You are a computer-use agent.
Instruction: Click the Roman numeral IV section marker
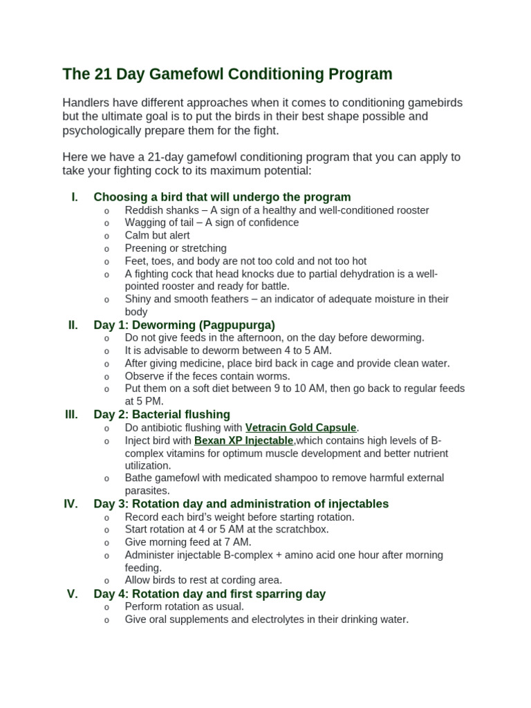click(x=71, y=503)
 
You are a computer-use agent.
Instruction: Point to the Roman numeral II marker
click(x=73, y=324)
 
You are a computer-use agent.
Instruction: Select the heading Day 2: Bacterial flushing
click(x=162, y=414)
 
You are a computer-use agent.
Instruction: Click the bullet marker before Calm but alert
click(x=106, y=236)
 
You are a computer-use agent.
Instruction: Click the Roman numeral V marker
click(x=72, y=593)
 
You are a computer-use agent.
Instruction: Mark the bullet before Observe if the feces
click(x=106, y=376)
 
